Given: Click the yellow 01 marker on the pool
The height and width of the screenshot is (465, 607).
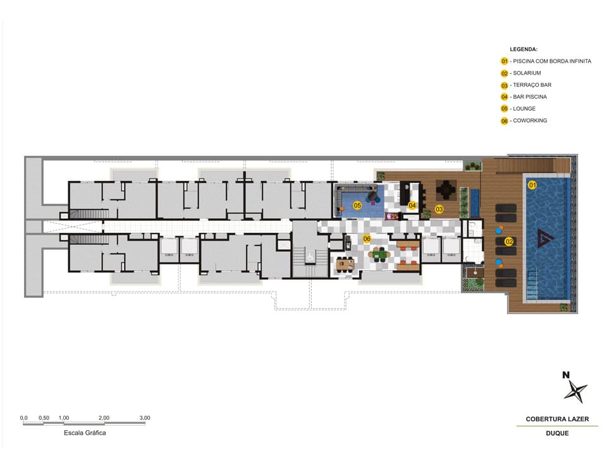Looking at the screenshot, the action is (532, 185).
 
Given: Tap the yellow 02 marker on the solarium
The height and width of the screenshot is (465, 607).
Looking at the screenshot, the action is (509, 242).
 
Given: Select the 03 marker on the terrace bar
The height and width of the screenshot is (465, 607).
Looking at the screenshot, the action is (439, 209).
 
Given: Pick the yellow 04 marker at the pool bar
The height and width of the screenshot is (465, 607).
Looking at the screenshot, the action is (412, 206).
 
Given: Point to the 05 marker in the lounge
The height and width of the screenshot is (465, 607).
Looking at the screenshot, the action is (357, 206).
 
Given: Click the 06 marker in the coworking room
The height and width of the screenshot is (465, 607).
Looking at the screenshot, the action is (367, 239).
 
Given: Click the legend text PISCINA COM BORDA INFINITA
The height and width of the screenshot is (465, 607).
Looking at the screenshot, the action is (552, 61).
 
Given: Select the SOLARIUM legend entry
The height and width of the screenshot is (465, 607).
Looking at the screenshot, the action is (527, 73).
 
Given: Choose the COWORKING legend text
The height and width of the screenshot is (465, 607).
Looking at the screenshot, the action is (530, 120).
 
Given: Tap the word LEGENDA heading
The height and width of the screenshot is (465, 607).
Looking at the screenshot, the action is (524, 49).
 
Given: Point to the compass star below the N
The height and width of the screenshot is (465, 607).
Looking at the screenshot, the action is (575, 392).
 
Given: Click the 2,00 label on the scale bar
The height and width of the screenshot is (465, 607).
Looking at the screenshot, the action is (104, 418).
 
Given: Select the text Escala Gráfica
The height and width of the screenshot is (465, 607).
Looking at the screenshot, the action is (85, 433).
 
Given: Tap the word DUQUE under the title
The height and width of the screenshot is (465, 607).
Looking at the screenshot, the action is (557, 433).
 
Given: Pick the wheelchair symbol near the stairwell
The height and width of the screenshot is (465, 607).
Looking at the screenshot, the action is (311, 256).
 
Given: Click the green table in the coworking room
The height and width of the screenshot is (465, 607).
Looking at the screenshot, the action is (379, 254).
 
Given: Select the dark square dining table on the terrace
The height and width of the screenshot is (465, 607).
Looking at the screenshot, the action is (446, 190).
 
